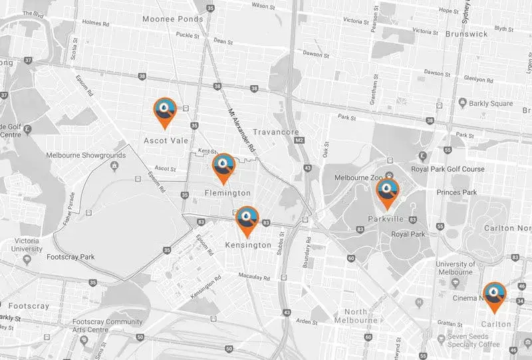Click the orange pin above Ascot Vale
(164, 110)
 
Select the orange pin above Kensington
(247, 219)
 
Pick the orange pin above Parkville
(387, 192)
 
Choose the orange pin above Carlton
(494, 295)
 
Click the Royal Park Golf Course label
(447, 168)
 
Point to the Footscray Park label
(72, 256)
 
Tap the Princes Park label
(457, 192)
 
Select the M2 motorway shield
(299, 140)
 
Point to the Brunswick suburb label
(467, 33)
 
